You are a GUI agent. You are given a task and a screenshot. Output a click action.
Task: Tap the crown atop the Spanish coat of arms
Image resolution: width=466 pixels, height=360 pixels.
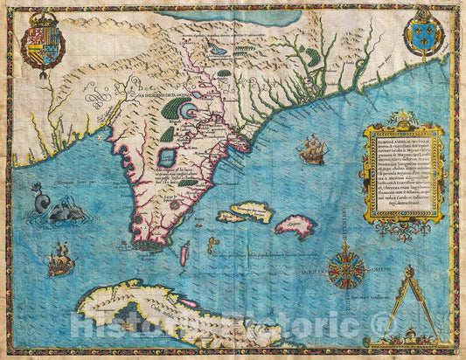click(x=42, y=17)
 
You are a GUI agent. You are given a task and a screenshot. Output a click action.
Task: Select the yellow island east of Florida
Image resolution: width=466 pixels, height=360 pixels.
click(x=248, y=211)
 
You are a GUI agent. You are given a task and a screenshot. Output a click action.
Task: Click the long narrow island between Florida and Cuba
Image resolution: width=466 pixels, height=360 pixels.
click(x=185, y=254)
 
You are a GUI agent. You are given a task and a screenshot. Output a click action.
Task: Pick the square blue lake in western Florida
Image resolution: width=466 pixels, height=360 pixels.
click(x=167, y=157)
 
